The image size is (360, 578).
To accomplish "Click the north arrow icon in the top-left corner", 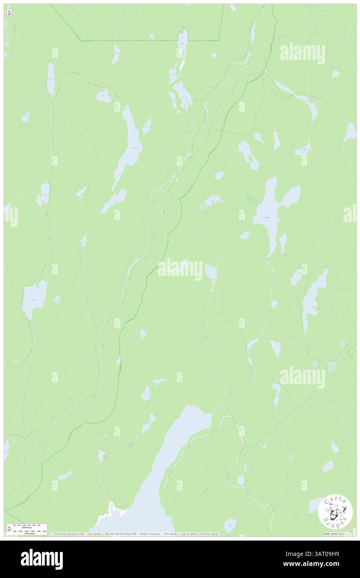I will pyautogui.click(x=9, y=13).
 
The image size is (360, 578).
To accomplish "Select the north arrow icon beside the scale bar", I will pyautogui.click(x=9, y=529).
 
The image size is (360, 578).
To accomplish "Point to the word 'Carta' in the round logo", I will pyautogui.click(x=335, y=500).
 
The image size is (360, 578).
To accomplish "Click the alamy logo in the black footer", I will pyautogui.click(x=42, y=559).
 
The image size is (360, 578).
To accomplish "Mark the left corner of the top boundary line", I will pyautogui.click(x=81, y=41).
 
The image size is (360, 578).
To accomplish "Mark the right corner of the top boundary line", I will pyautogui.click(x=219, y=40).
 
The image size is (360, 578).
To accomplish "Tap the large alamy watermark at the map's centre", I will pyautogui.click(x=180, y=269).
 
